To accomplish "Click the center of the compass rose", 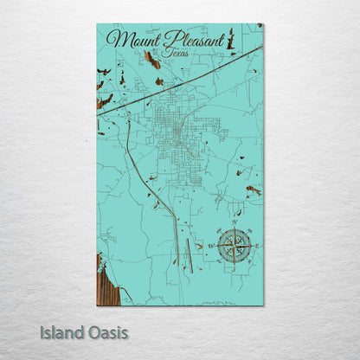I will tap(234, 246).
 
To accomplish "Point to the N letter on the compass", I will tap(235, 222).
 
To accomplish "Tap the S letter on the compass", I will tap(233, 269).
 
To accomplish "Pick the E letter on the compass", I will tap(257, 246).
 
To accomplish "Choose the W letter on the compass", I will tap(211, 246).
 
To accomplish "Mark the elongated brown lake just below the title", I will tap(152, 61).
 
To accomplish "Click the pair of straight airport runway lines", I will tap(189, 251).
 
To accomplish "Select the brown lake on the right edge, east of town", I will tap(253, 190).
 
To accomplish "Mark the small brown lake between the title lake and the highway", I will tap(159, 82).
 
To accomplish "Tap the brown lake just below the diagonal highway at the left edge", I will tap(104, 102).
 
